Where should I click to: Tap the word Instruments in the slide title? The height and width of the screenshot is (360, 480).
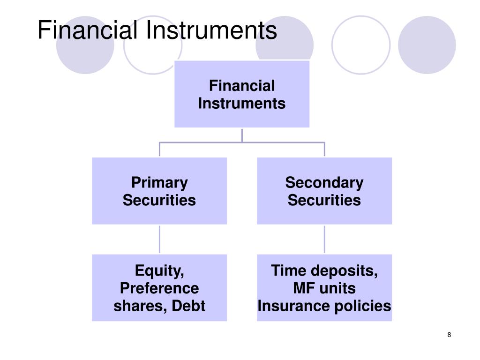coord(211,30)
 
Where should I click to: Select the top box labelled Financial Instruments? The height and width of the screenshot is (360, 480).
coord(242,94)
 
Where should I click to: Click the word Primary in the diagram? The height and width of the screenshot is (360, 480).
coord(159,182)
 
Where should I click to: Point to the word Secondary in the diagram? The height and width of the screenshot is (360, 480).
coord(324,182)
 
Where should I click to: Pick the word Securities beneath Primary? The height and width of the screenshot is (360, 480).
coord(159,201)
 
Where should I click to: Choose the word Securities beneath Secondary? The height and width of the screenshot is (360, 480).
coord(324,201)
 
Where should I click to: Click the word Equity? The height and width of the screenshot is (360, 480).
coord(159,271)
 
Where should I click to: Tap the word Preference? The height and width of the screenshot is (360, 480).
coord(159,288)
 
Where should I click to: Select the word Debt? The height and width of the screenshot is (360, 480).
coord(188,306)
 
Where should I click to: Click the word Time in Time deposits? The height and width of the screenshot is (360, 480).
coord(288,271)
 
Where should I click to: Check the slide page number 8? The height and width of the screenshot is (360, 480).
coord(450,335)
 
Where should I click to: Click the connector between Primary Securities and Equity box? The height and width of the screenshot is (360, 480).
coord(159,239)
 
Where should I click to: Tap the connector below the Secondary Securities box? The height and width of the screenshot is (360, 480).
coord(324,239)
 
